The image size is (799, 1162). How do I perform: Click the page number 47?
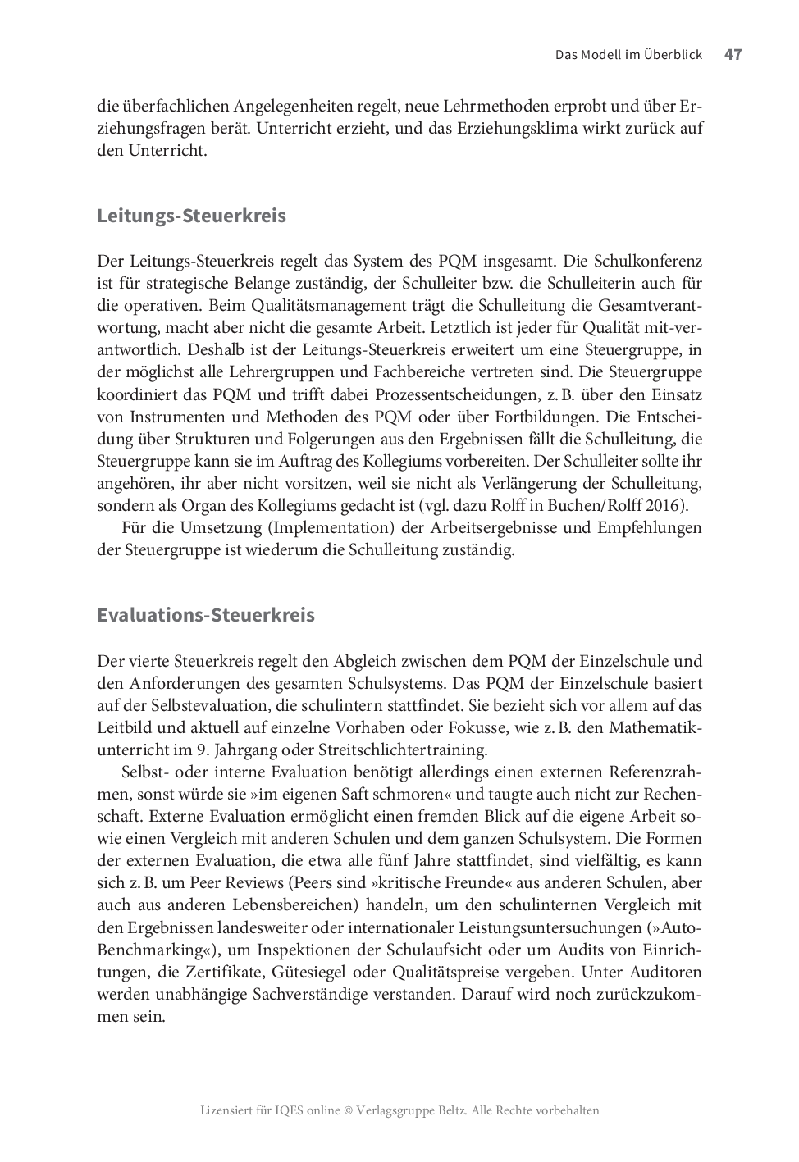733,55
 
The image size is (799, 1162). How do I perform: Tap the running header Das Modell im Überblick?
628,55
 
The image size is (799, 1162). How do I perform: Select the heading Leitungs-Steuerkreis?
191,216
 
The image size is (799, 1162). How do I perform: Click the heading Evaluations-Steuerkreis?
205,615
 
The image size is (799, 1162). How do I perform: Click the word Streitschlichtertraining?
404,750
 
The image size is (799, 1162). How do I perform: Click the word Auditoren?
664,972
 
